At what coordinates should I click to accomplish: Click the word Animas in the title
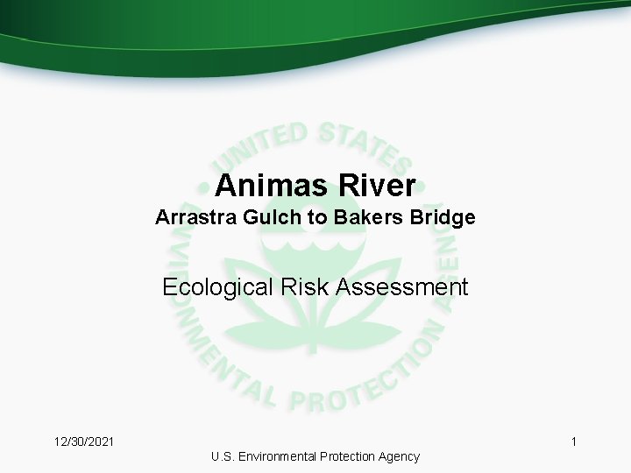[269, 186]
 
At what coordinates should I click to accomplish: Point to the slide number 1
[574, 442]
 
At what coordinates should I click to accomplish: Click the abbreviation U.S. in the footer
[223, 456]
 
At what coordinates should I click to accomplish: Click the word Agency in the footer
[400, 456]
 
